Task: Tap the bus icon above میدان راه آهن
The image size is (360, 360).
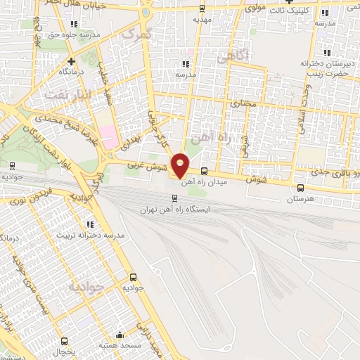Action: point(204,171)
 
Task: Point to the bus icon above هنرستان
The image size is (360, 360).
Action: point(301,188)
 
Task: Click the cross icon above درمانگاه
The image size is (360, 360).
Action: point(51,60)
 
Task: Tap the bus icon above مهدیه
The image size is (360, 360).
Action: point(203,8)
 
